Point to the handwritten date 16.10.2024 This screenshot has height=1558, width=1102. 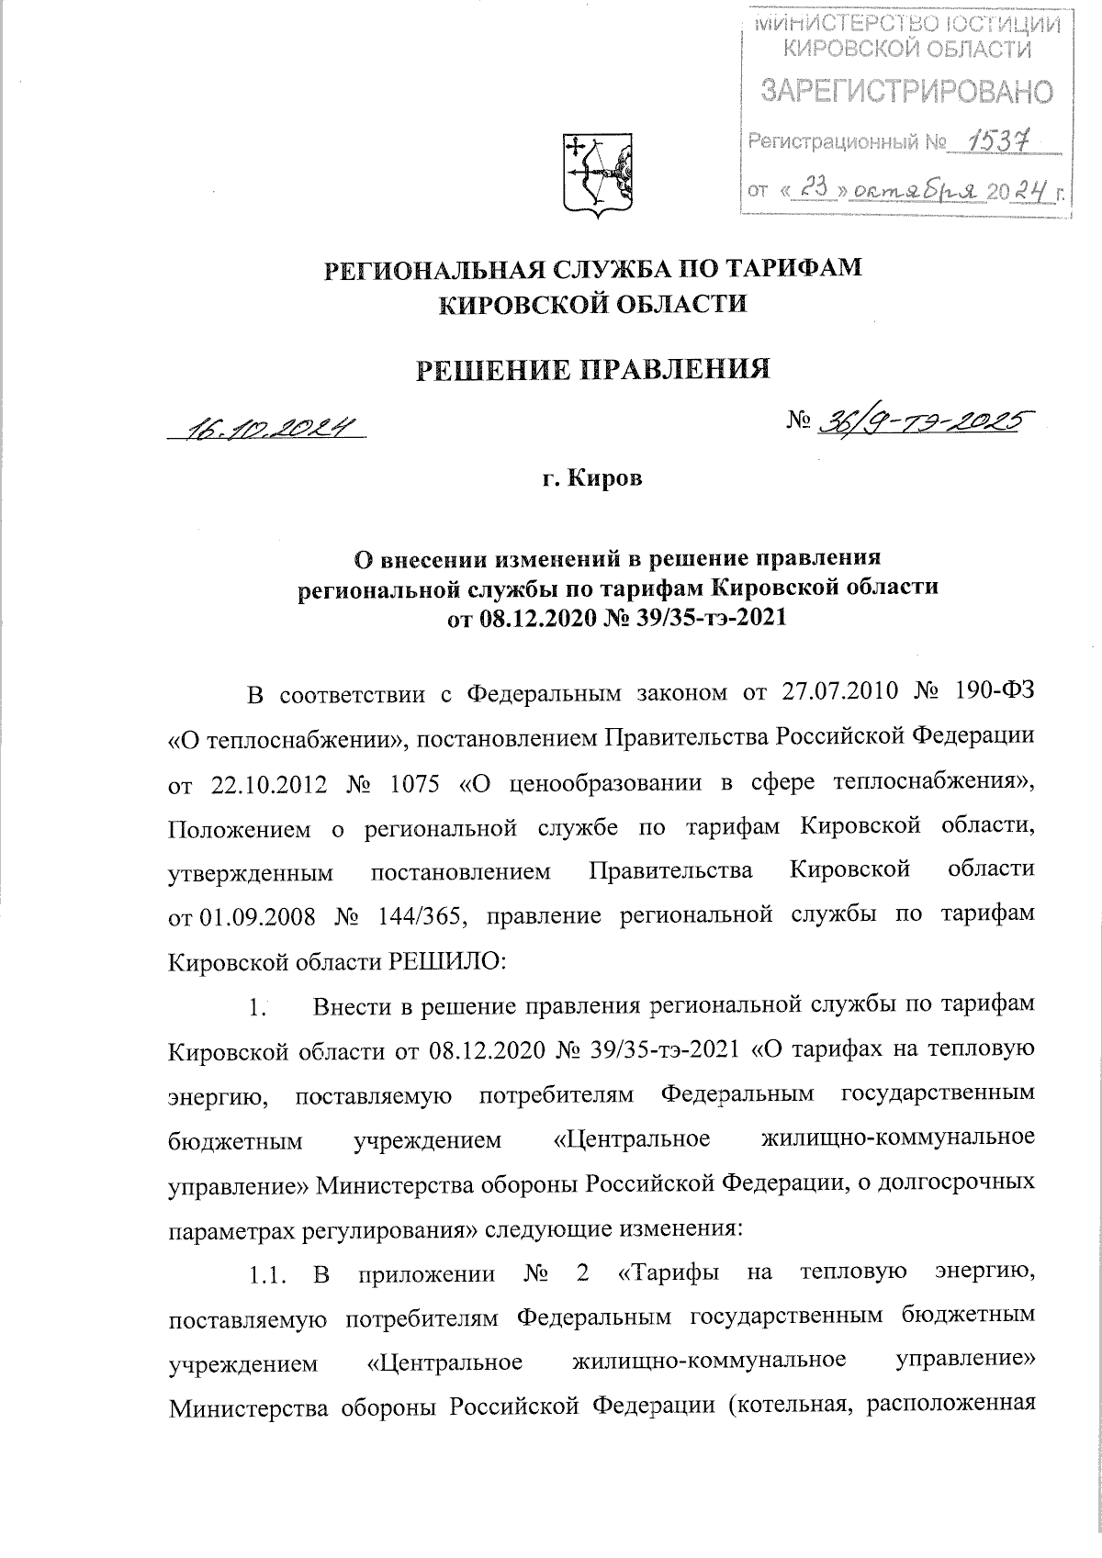267,428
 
